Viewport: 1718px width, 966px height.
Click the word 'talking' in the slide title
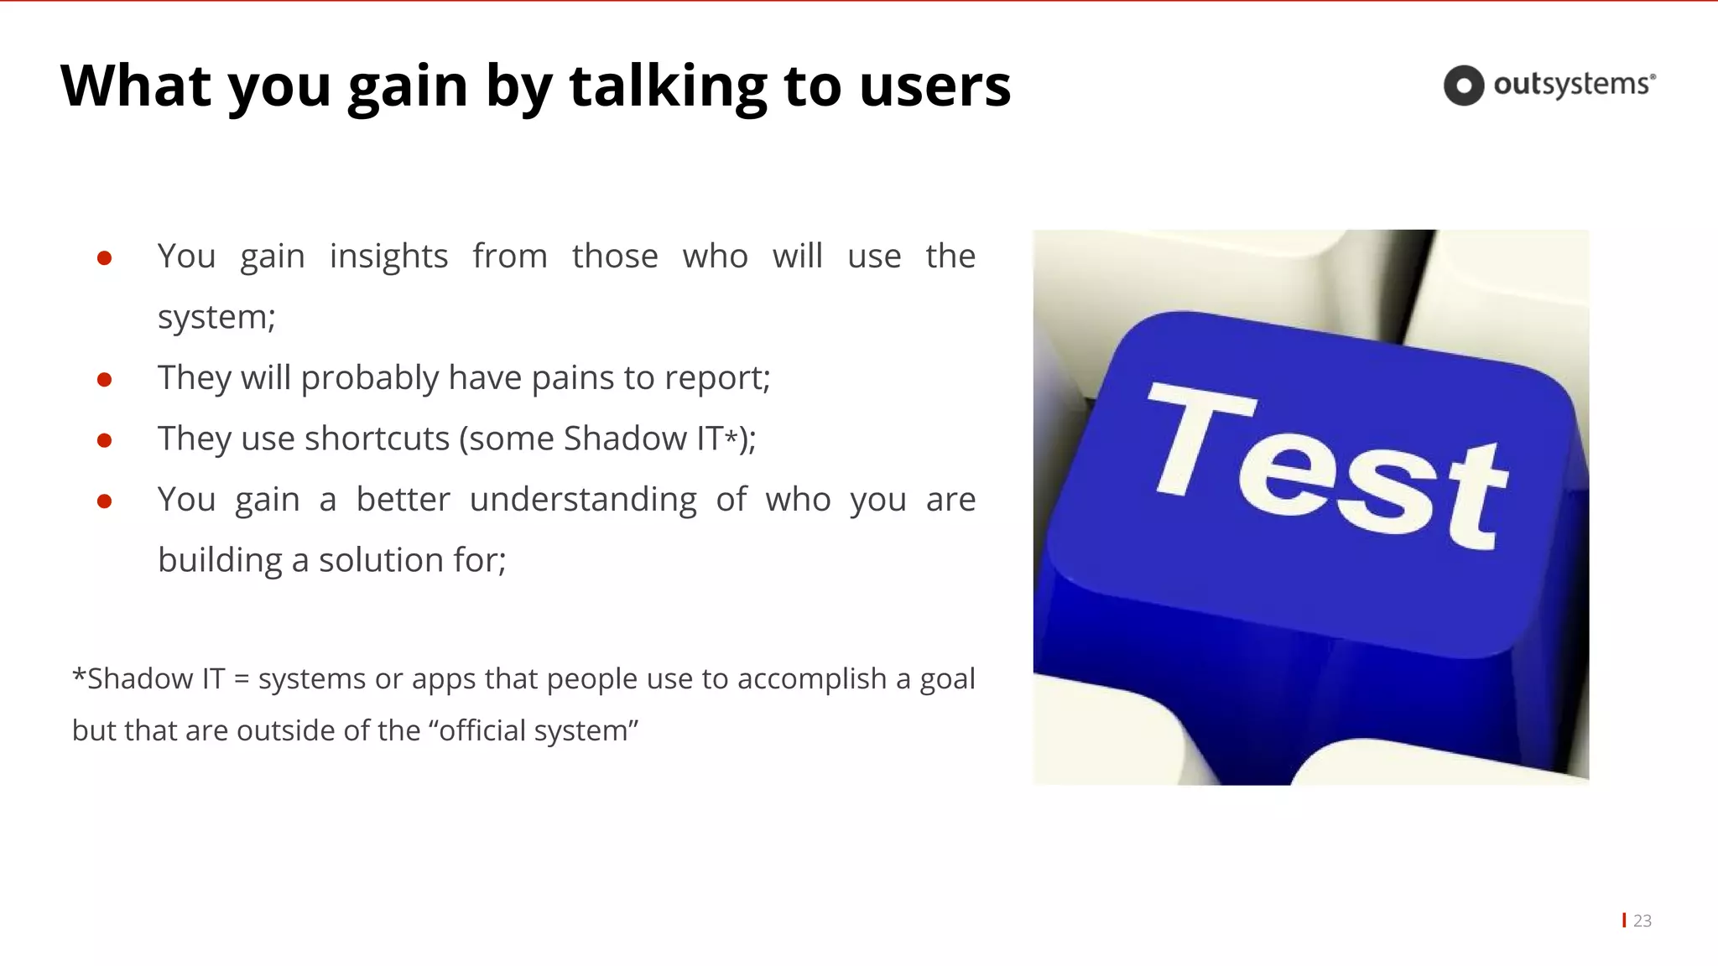(668, 86)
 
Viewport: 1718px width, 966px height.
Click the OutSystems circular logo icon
(1464, 86)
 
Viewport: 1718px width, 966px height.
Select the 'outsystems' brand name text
(1574, 85)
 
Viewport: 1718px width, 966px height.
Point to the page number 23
(1642, 921)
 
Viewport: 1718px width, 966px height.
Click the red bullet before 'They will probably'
(105, 380)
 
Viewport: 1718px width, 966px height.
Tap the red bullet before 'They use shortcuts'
(105, 440)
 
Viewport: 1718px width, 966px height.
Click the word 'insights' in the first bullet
(388, 257)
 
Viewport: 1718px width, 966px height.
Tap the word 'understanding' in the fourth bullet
(583, 500)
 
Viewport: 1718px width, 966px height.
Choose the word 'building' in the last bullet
(220, 560)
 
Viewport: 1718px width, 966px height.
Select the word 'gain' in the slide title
(408, 87)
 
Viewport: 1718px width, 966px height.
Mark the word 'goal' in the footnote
(947, 679)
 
